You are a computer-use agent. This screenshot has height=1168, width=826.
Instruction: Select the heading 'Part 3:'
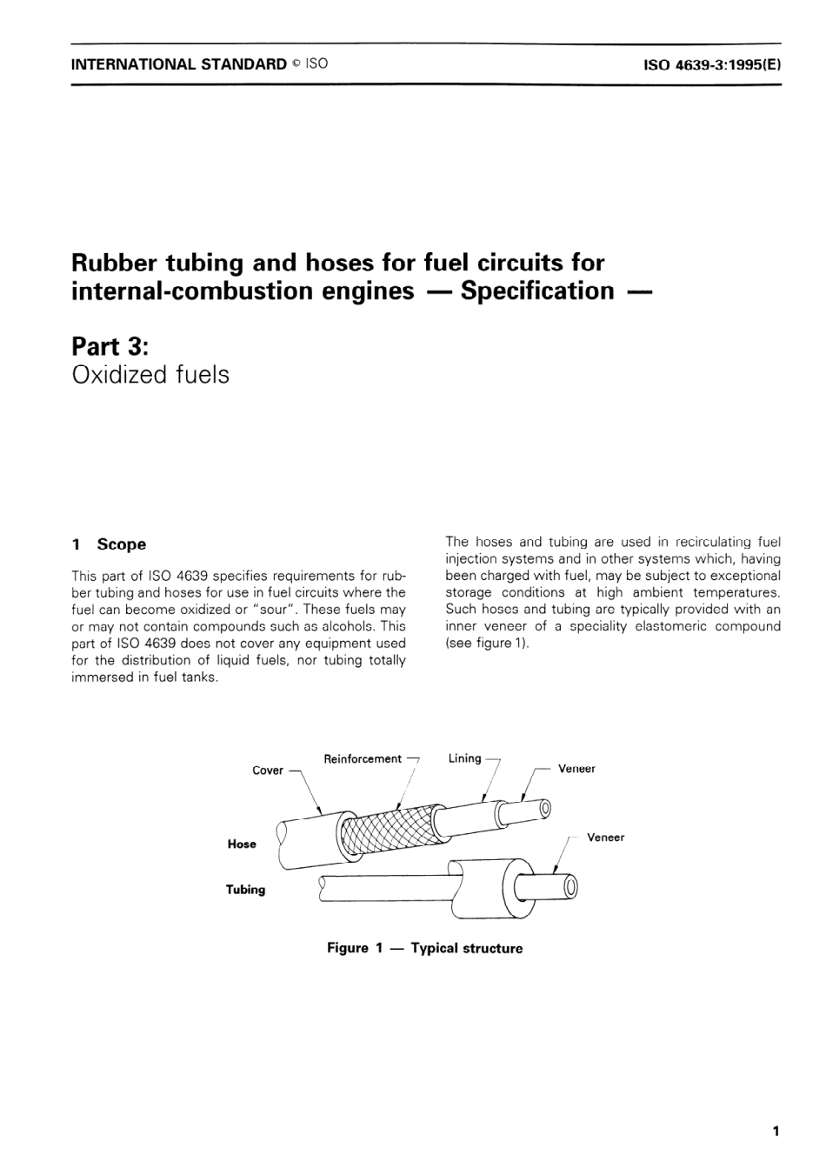110,346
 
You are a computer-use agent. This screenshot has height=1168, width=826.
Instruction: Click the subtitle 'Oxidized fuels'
150,375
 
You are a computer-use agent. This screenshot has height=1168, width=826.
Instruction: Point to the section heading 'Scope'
121,544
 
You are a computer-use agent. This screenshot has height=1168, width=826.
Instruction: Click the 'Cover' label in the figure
268,771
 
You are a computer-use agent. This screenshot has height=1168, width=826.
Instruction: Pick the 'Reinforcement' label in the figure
363,759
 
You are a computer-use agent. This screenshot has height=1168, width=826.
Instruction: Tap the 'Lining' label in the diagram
464,758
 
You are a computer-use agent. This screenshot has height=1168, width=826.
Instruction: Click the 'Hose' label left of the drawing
242,844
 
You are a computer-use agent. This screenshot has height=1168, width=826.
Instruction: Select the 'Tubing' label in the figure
245,890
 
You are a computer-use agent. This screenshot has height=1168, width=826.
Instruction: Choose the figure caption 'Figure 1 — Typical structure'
424,948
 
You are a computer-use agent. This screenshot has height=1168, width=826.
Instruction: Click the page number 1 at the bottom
775,1131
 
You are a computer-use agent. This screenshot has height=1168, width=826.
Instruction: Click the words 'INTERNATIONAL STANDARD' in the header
178,63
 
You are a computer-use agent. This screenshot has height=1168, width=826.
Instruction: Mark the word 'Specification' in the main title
537,290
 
